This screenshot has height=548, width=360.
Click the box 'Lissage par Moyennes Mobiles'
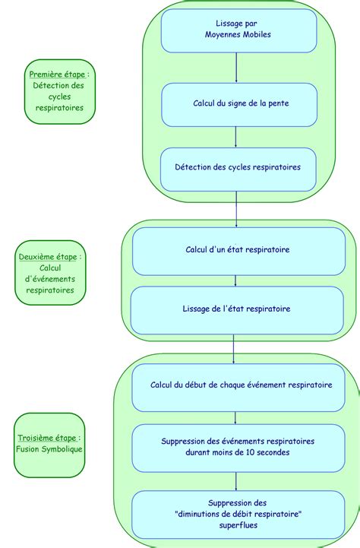[x=238, y=30]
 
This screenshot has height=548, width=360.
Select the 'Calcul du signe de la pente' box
[x=238, y=104]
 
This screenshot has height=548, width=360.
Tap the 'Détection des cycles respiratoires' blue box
[x=237, y=168]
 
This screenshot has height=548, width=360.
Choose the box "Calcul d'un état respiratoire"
[x=237, y=250]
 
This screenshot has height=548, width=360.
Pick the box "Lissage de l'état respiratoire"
[x=237, y=309]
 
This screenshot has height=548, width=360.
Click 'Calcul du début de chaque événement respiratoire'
[x=242, y=386]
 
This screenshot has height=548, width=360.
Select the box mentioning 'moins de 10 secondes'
[x=238, y=447]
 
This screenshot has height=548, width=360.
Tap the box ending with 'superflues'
[x=238, y=514]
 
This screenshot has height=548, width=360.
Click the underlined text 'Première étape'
[x=58, y=74]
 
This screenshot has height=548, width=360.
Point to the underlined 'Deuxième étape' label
[x=48, y=257]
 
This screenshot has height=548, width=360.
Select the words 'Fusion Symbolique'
[x=49, y=449]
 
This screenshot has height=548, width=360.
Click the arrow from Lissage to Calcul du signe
[x=237, y=68]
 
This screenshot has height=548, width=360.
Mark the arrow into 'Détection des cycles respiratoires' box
[x=236, y=137]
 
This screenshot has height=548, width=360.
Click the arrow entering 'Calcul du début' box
[x=233, y=349]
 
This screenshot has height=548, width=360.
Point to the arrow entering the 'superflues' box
[x=235, y=480]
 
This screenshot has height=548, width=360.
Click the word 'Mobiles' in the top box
[x=257, y=35]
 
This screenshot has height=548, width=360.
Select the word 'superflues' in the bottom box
[x=238, y=525]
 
